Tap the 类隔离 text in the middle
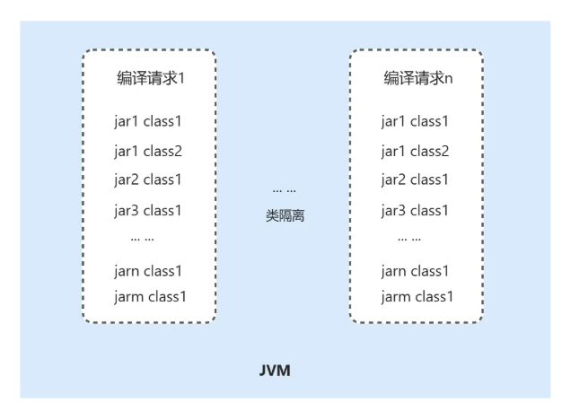(x=285, y=215)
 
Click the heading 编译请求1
(x=151, y=78)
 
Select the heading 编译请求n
(x=418, y=78)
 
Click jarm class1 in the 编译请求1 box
(x=151, y=296)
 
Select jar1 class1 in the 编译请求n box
(x=415, y=121)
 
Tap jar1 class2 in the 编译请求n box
(x=415, y=151)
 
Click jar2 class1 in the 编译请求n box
(x=415, y=179)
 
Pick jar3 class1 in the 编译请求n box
(x=415, y=211)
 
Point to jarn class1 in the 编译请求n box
(x=415, y=271)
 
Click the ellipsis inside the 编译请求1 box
(x=142, y=240)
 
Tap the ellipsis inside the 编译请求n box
(x=409, y=240)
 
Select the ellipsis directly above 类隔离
(x=285, y=190)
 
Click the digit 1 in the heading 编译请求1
(x=182, y=78)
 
